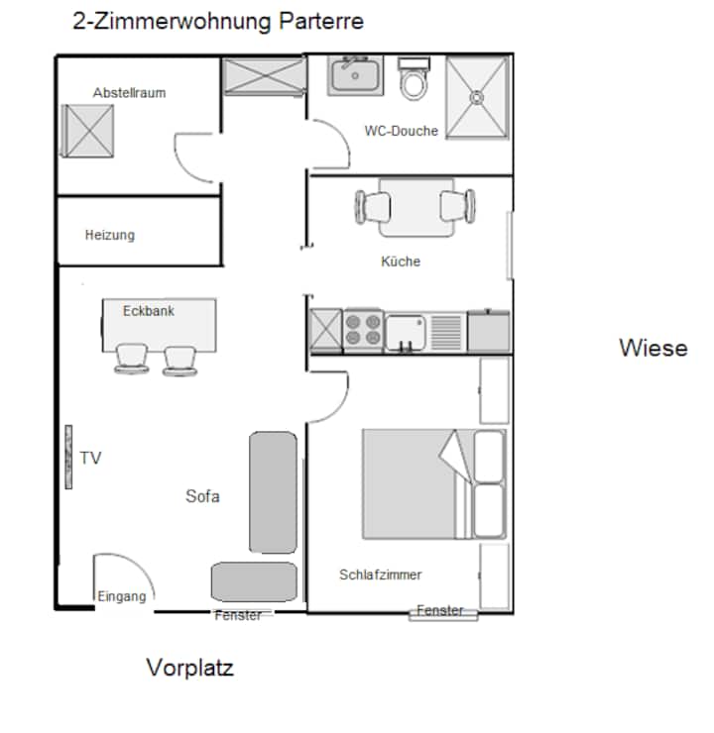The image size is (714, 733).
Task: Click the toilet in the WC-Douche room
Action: (414, 78)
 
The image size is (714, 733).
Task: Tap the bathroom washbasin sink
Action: (355, 75)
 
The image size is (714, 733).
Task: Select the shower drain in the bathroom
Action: (477, 98)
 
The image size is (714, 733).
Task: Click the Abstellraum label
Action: (129, 92)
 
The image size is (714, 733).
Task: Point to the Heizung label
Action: (110, 235)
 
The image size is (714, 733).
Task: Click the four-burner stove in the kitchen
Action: (363, 330)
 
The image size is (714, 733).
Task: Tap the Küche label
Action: (401, 261)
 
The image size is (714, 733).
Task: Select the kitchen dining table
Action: (416, 207)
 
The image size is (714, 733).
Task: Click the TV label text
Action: (90, 458)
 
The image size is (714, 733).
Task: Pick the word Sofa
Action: (202, 496)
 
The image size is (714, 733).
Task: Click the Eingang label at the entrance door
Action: (122, 596)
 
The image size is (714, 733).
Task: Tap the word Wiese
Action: (654, 348)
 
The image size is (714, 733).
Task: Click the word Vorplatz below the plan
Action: (189, 667)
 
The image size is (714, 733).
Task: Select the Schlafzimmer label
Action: (381, 575)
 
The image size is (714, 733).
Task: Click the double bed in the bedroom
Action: (434, 483)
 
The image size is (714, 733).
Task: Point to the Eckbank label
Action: (149, 311)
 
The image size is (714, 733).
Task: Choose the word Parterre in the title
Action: (321, 21)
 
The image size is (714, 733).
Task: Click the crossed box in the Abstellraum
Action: (87, 131)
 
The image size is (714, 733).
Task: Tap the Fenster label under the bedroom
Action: (440, 610)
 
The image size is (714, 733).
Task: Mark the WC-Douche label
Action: (401, 131)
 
